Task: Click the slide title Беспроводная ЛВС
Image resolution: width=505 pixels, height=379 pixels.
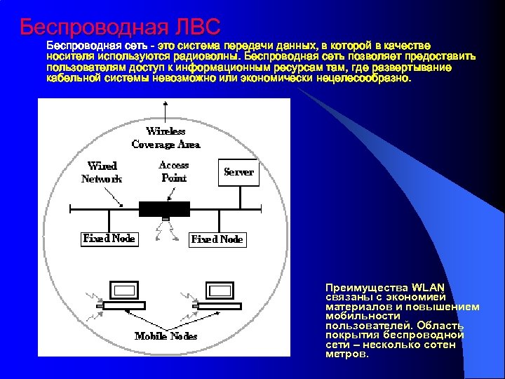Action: click(x=120, y=27)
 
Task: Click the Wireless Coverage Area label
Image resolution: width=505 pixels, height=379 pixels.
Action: click(x=166, y=138)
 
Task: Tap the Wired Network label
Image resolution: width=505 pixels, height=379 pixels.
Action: click(x=102, y=172)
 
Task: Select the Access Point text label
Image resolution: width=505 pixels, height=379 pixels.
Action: click(x=174, y=171)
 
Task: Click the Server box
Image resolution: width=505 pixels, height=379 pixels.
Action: click(x=238, y=171)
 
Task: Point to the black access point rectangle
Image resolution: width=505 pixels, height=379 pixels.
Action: click(x=164, y=208)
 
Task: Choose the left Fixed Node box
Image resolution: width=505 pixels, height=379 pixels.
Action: click(x=109, y=239)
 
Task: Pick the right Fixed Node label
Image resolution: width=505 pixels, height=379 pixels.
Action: click(x=217, y=239)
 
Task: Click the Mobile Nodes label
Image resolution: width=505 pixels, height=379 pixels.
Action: click(x=166, y=336)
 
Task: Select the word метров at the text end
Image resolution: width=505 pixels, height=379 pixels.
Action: click(x=346, y=354)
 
